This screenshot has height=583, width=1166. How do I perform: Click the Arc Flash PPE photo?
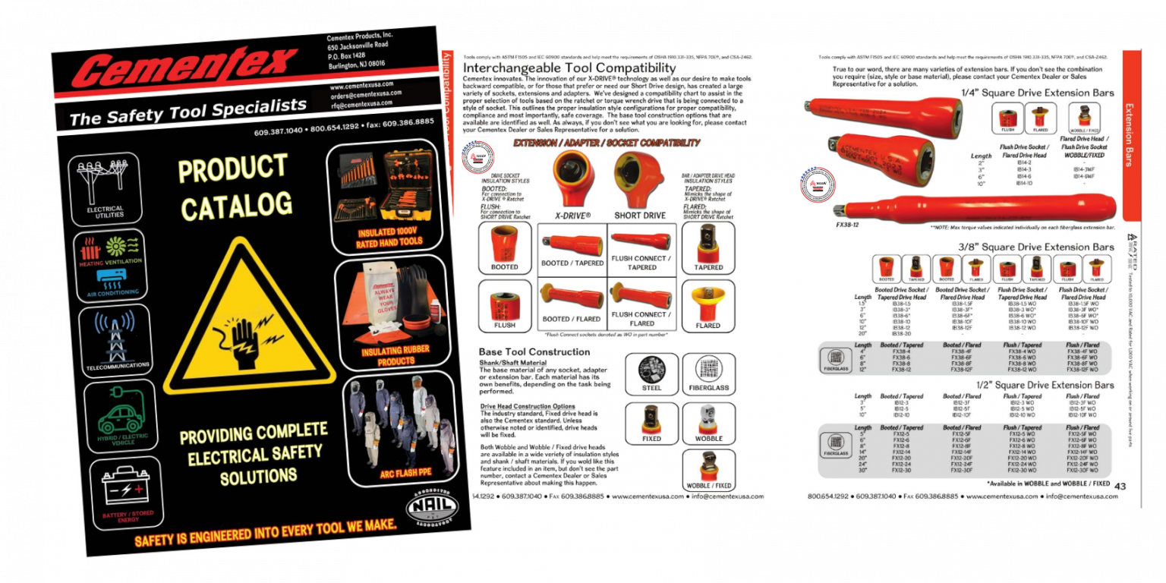click(x=399, y=429)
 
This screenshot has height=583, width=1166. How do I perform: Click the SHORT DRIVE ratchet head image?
click(x=639, y=177)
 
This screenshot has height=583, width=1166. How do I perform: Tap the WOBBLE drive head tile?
click(x=707, y=423)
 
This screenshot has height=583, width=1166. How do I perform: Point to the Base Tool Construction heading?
click(x=534, y=351)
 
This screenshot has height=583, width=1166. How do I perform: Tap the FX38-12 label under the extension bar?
click(x=847, y=225)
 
